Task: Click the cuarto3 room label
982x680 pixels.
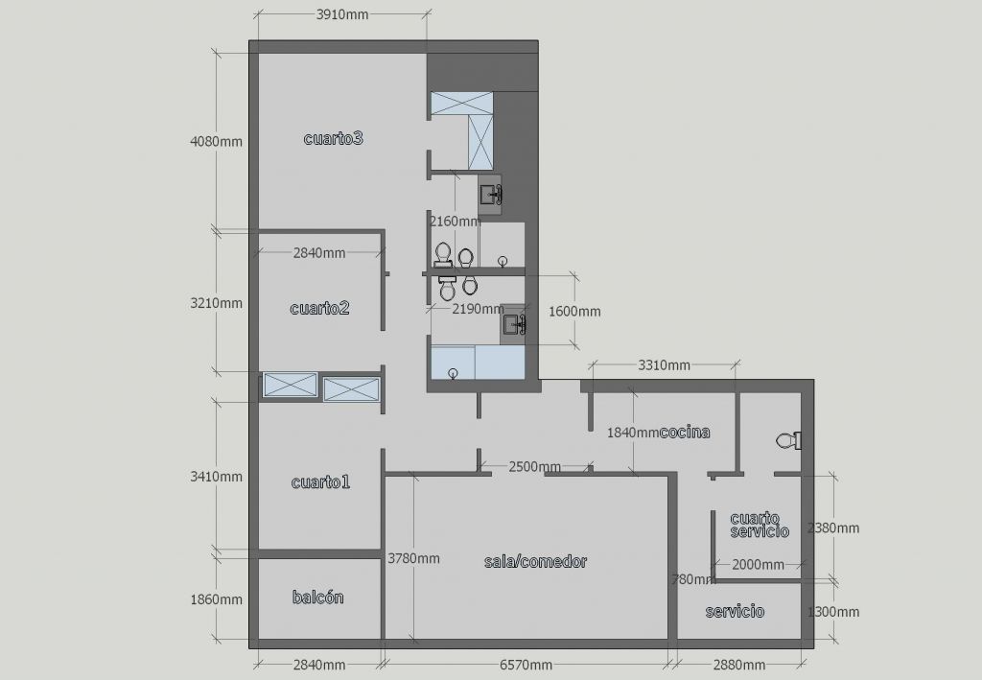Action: click(x=333, y=138)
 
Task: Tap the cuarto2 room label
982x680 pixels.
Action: click(x=319, y=308)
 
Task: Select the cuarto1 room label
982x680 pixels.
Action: click(x=320, y=482)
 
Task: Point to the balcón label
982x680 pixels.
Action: click(x=318, y=598)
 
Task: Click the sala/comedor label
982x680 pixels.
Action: click(x=535, y=562)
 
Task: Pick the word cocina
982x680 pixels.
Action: click(x=685, y=432)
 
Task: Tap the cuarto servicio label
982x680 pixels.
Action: click(x=760, y=525)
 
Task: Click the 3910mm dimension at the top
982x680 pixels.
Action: click(x=342, y=14)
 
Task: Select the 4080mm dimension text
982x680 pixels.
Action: click(x=216, y=142)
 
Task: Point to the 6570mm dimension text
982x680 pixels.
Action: click(x=526, y=665)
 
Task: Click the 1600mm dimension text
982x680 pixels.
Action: click(x=574, y=311)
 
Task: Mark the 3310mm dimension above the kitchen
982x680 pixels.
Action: click(x=664, y=365)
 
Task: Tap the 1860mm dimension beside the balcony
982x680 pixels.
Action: click(x=216, y=599)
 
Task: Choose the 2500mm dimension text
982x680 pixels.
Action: click(x=535, y=467)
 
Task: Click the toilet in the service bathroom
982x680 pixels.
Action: click(x=788, y=441)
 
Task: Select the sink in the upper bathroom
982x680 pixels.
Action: click(x=490, y=196)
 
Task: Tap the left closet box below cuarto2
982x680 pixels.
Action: click(x=291, y=386)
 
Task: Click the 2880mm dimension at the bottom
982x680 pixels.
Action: click(x=739, y=665)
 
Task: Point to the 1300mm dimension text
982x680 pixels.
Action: click(x=833, y=612)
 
